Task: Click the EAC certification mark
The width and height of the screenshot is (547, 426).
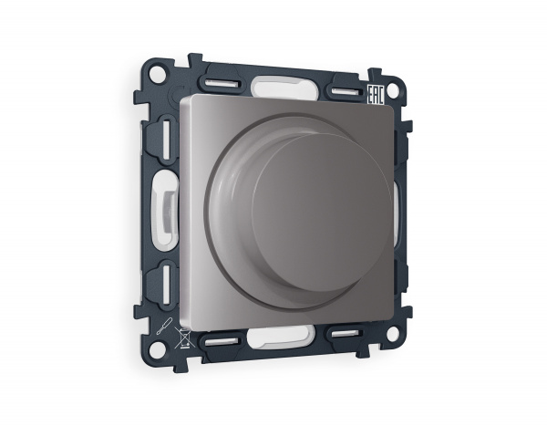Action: pyautogui.click(x=376, y=95)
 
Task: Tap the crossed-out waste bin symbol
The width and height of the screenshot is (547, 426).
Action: pyautogui.click(x=184, y=338)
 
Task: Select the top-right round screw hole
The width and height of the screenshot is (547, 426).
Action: pyautogui.click(x=392, y=90)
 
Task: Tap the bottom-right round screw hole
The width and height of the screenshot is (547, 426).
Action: pyautogui.click(x=392, y=334)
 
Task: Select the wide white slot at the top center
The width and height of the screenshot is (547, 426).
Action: pyautogui.click(x=284, y=88)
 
